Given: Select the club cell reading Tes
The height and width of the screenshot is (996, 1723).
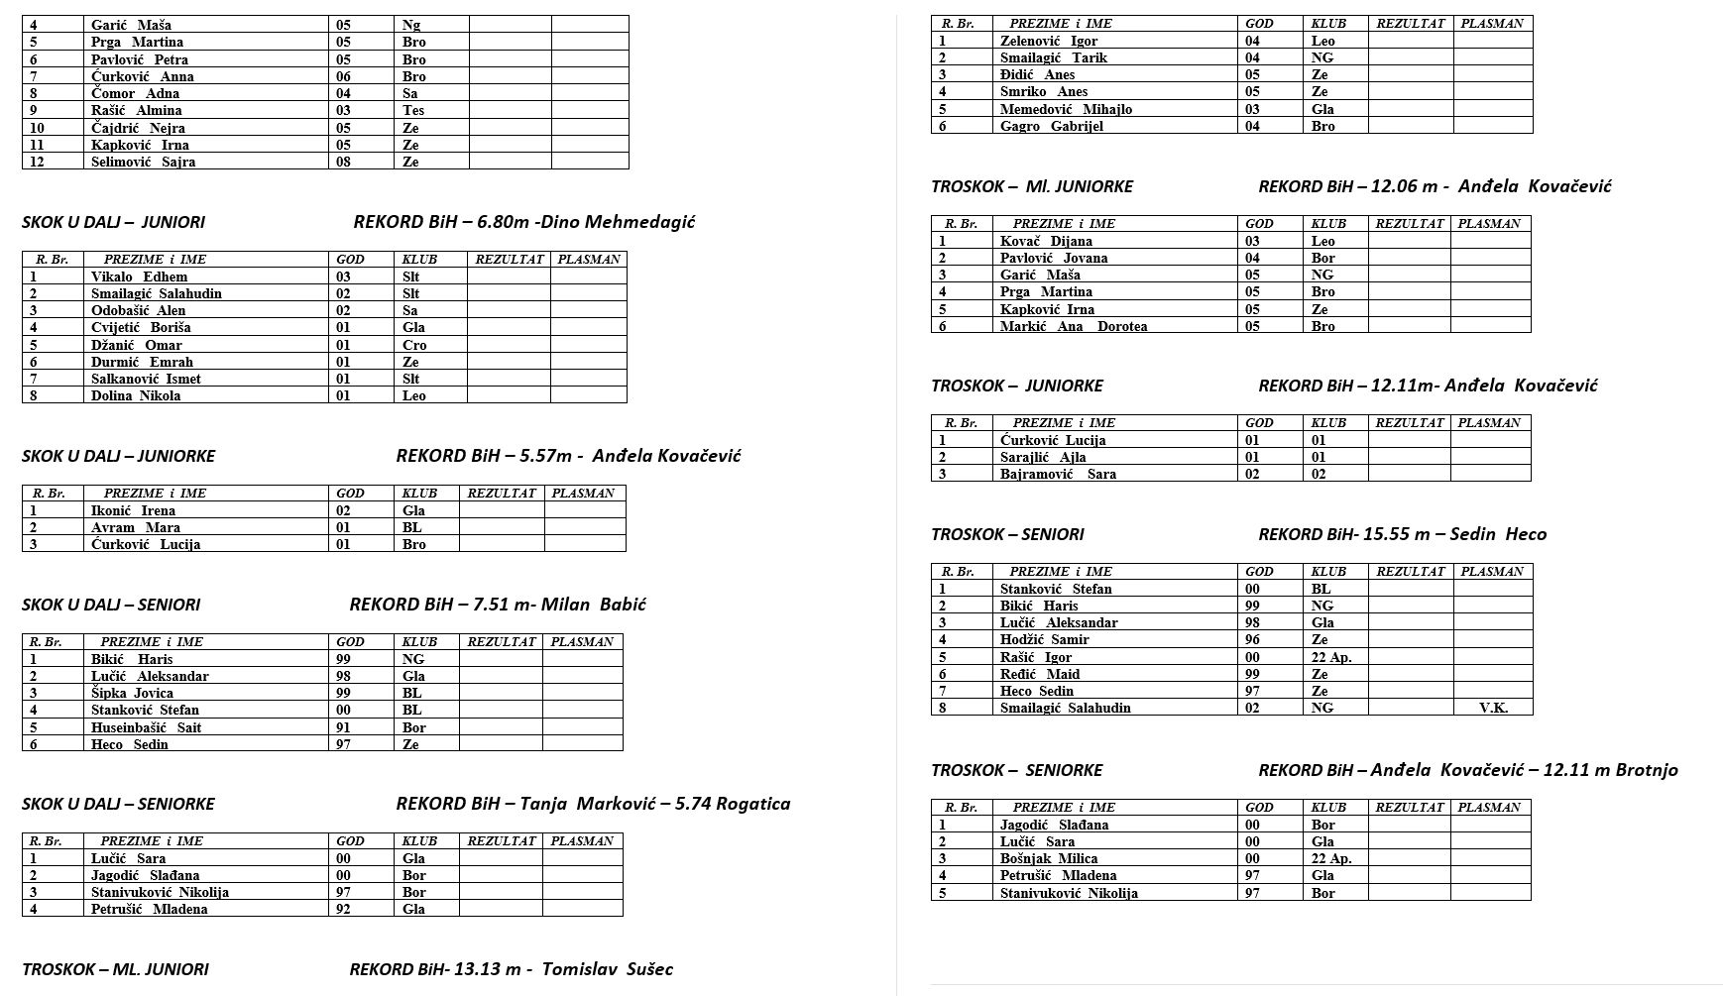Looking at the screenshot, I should coord(413,110).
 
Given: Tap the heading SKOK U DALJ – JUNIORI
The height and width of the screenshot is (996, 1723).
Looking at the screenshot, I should coord(113,222).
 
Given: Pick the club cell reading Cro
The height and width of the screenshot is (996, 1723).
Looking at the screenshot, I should coord(414,345).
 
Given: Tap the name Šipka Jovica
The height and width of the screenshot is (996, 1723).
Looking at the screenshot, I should coord(132,693).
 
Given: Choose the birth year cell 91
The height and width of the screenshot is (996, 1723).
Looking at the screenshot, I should coord(343,726).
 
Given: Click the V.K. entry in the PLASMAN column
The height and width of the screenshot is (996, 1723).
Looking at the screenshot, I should coord(1493,708).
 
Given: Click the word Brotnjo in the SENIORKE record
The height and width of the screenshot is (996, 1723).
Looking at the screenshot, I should coord(1647,770).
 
